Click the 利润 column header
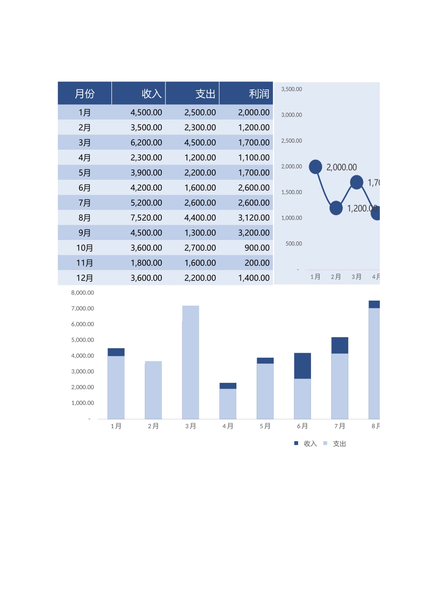tap(259, 93)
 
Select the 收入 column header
tap(151, 93)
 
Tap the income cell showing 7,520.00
tap(146, 218)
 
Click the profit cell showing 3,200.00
tap(254, 233)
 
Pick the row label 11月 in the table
tap(85, 263)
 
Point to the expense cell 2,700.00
tap(200, 248)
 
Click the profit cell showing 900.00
tap(257, 248)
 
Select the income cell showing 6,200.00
tap(146, 143)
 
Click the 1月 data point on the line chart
tap(316, 167)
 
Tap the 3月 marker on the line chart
tap(356, 182)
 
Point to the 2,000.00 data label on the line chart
tap(342, 167)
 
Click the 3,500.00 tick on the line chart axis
tap(291, 89)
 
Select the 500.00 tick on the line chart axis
tap(294, 244)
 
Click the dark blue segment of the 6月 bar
tap(302, 366)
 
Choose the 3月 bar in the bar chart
tap(191, 362)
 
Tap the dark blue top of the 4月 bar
tap(228, 386)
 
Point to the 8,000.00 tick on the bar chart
tap(83, 293)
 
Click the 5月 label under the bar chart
tap(265, 426)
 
